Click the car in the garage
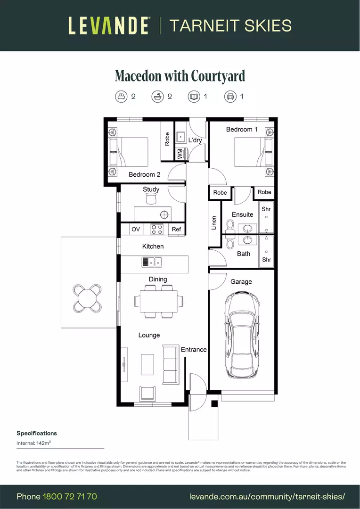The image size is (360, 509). tap(242, 335)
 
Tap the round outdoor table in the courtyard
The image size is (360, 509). tap(87, 298)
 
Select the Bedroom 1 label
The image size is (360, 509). tap(242, 130)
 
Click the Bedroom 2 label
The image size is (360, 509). tap(144, 174)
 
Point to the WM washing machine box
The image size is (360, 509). tap(180, 154)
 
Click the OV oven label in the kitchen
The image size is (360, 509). tap(136, 230)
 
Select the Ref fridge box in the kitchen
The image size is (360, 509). tap(176, 230)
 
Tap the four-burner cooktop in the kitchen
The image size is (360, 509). tap(156, 230)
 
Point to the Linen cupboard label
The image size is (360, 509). tap(214, 223)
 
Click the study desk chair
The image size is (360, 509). tap(151, 200)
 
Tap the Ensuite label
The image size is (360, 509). tap(242, 214)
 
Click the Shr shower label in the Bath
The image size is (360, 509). tap(266, 260)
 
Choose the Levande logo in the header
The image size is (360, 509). tap(109, 25)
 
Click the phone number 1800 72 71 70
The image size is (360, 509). tap(70, 497)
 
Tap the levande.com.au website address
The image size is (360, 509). tap(267, 497)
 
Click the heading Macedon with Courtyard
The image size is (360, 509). tap(180, 76)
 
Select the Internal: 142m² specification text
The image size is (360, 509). tap(34, 443)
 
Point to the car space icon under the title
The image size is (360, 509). tap(230, 97)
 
